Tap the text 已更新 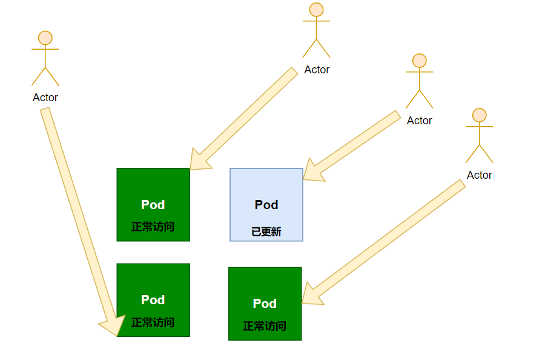pyautogui.click(x=266, y=232)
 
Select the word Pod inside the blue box pyautogui.click(x=266, y=205)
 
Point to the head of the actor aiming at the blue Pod pyautogui.click(x=419, y=61)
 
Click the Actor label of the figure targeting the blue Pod pyautogui.click(x=419, y=121)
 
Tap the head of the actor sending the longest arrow pyautogui.click(x=45, y=38)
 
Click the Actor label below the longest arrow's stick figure pyautogui.click(x=45, y=98)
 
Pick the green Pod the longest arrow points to pyautogui.click(x=153, y=299)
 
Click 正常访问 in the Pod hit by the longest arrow pyautogui.click(x=153, y=322)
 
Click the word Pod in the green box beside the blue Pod pyautogui.click(x=153, y=205)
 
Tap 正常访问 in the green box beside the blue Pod pyautogui.click(x=153, y=227)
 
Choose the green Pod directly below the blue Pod pyautogui.click(x=265, y=304)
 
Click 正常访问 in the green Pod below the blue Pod pyautogui.click(x=265, y=326)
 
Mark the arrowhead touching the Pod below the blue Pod pyautogui.click(x=310, y=295)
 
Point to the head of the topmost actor pyautogui.click(x=316, y=10)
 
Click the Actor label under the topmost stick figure pyautogui.click(x=317, y=70)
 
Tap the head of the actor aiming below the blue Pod pyautogui.click(x=479, y=115)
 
